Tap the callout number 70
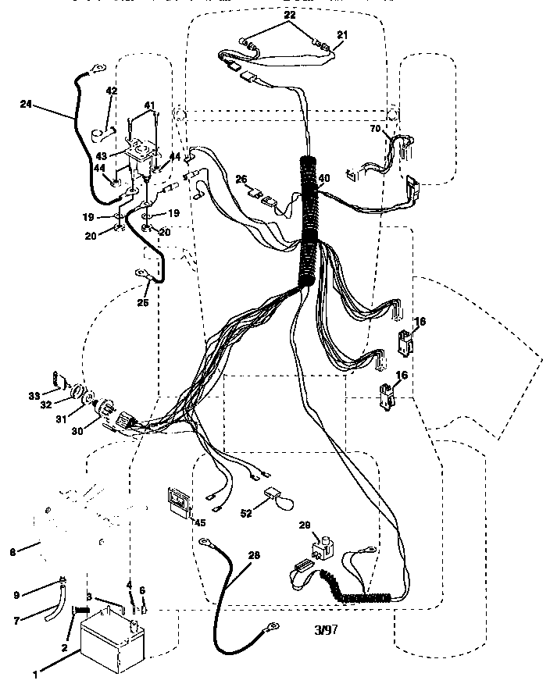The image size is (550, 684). [x=374, y=127]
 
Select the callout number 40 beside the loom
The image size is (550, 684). [x=324, y=177]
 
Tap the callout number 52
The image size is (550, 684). [x=247, y=513]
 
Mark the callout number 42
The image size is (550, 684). [x=111, y=91]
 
